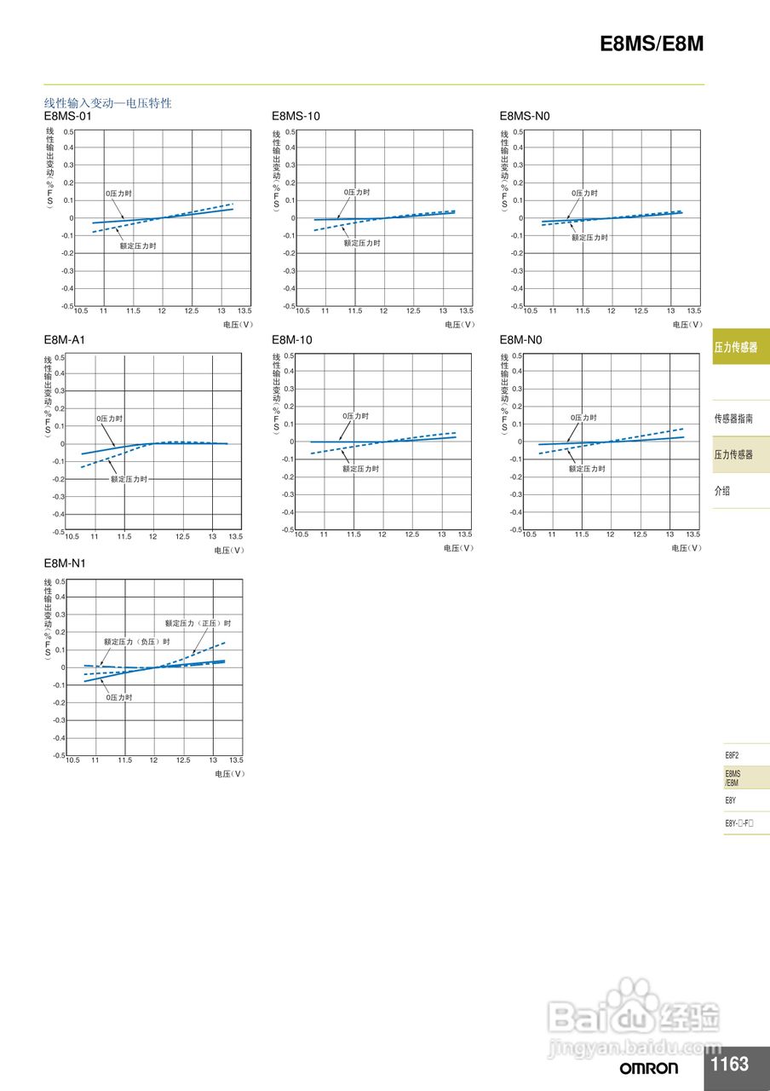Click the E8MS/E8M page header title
(x=652, y=44)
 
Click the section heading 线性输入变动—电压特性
(x=108, y=103)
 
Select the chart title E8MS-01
(x=67, y=116)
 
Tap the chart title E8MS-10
(x=296, y=116)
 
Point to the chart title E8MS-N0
(x=526, y=116)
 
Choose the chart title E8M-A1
(x=65, y=340)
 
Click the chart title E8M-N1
(x=65, y=564)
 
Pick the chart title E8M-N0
(x=520, y=340)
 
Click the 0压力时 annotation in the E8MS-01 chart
(x=118, y=193)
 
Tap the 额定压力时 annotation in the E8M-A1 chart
(x=129, y=480)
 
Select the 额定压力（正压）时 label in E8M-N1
(x=198, y=624)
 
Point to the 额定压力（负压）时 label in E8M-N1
(x=136, y=643)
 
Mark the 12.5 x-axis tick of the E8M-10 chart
(x=412, y=534)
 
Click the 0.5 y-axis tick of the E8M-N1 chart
(x=60, y=582)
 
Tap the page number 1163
(x=729, y=1064)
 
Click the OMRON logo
(x=649, y=1068)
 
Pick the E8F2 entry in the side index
(x=732, y=755)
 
